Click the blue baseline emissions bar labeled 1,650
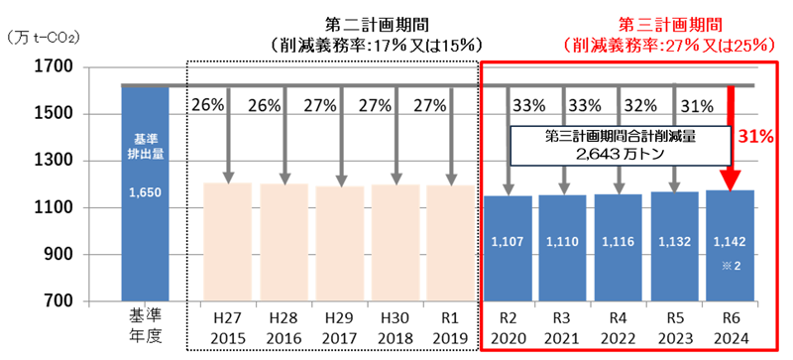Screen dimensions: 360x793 (145, 198)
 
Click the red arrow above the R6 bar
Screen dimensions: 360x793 (731, 139)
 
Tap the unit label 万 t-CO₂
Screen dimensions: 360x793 (44, 38)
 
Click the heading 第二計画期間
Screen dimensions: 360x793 (369, 23)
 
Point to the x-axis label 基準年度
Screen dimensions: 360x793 (145, 326)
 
